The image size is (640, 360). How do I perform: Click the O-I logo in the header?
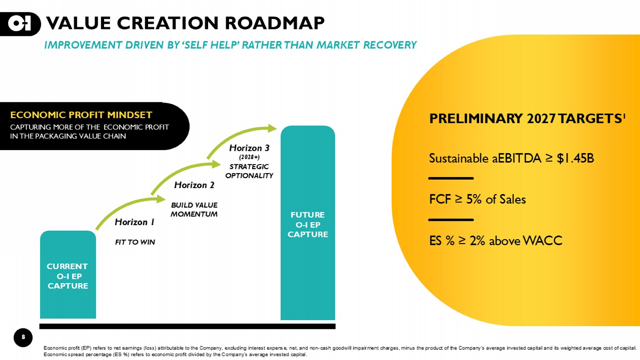coord(20,23)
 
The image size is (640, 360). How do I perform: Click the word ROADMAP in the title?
coord(275,23)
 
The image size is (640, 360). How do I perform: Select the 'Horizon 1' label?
coord(134,222)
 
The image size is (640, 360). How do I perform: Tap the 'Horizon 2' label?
coord(194,185)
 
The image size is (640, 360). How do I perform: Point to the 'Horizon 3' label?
coord(249,148)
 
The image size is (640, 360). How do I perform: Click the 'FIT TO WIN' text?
coord(135,242)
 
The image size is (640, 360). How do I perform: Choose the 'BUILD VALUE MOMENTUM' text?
coord(194,209)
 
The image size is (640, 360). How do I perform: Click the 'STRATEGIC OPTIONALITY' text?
coord(249,171)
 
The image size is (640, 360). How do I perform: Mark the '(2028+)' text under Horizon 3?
coord(249,157)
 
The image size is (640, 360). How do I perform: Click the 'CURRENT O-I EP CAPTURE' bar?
coord(68,276)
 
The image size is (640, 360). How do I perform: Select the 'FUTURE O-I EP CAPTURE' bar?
coord(308,224)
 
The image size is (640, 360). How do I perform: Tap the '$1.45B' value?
coord(575,158)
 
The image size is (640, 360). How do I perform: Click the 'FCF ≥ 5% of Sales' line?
coord(477,199)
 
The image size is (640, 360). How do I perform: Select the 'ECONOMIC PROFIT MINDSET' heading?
coord(81,115)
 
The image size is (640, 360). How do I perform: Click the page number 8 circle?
coord(23,337)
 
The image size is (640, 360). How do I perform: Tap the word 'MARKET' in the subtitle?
coord(338,45)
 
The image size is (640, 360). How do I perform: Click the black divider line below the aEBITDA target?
coord(451,178)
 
